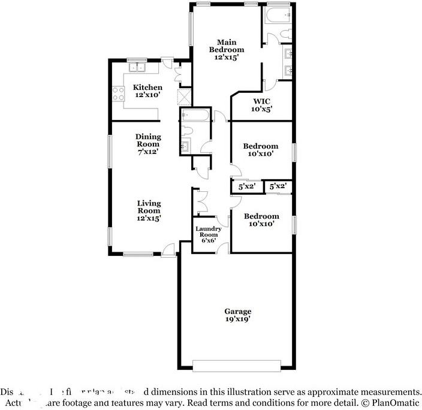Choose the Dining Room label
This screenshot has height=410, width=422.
click(x=147, y=140)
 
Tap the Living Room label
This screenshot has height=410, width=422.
click(x=148, y=207)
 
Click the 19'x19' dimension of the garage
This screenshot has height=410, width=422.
click(x=237, y=319)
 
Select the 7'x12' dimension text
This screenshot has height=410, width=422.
click(x=147, y=152)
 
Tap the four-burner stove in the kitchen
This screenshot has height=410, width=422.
click(x=116, y=93)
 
